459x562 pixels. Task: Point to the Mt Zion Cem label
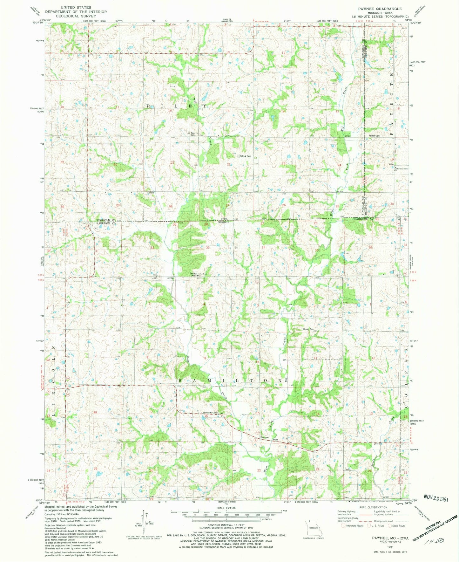(x=193, y=134)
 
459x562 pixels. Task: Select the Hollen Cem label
(x=374, y=136)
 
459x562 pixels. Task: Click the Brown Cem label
(x=308, y=329)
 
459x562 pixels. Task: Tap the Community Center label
(x=210, y=413)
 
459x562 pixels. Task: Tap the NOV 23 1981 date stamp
(x=435, y=499)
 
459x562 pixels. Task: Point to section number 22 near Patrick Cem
(x=229, y=164)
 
